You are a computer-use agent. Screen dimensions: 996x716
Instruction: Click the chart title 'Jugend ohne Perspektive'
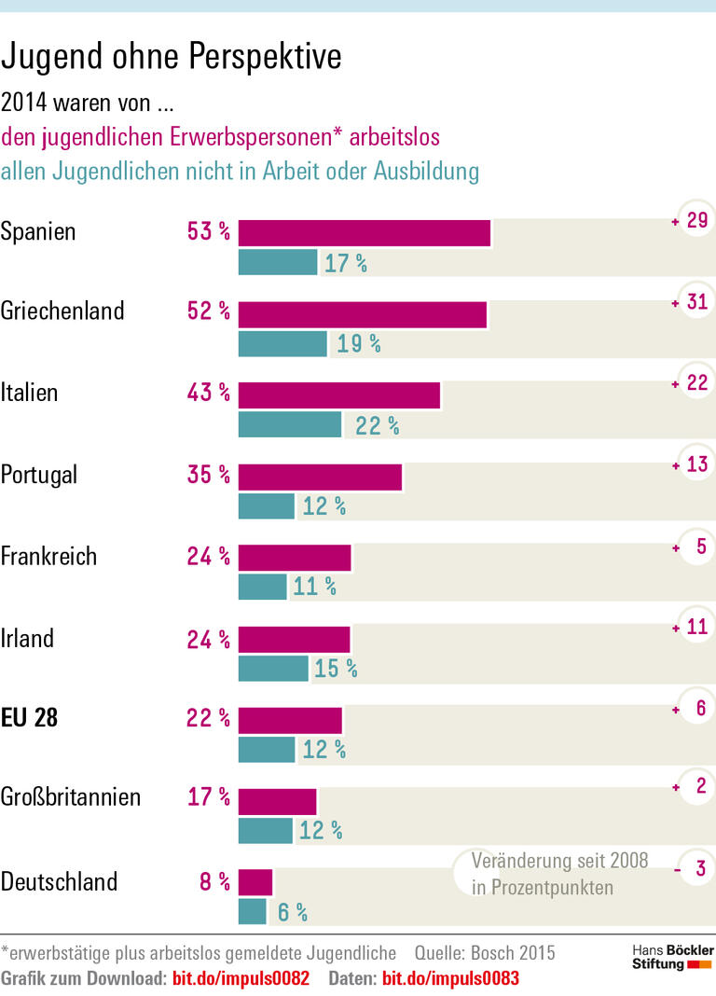(x=172, y=58)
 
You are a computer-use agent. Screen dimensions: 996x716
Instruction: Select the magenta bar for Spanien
(x=365, y=233)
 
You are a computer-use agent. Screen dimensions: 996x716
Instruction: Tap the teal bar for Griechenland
(x=282, y=344)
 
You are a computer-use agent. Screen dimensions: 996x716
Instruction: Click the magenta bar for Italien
(x=339, y=395)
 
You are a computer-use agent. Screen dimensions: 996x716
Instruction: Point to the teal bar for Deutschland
(x=253, y=911)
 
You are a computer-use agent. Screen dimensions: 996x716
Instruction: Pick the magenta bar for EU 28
(x=290, y=720)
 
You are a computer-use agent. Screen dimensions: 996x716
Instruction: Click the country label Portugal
(x=39, y=475)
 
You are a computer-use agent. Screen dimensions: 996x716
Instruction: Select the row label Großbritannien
(x=71, y=797)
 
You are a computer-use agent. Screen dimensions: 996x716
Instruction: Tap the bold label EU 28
(x=29, y=718)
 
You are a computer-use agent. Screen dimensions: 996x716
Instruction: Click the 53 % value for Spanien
(x=208, y=232)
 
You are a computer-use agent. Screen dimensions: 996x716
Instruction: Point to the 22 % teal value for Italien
(x=377, y=426)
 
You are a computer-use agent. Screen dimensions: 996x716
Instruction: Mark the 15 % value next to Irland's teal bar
(x=335, y=669)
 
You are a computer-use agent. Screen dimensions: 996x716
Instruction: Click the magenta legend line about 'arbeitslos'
(x=220, y=137)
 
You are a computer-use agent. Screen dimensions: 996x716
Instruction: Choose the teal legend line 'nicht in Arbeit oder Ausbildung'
(x=240, y=172)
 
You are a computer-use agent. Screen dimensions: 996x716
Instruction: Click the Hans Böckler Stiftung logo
(x=672, y=957)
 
